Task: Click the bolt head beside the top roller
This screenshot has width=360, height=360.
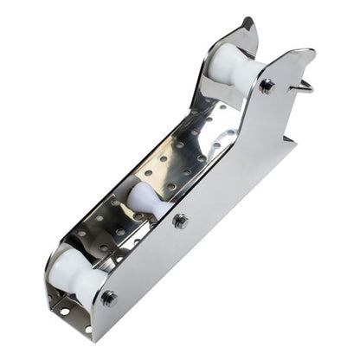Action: click(267, 87)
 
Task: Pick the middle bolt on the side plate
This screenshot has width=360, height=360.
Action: click(180, 221)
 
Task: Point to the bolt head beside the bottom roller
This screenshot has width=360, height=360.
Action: click(109, 299)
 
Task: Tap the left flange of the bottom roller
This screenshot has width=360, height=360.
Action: click(57, 264)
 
